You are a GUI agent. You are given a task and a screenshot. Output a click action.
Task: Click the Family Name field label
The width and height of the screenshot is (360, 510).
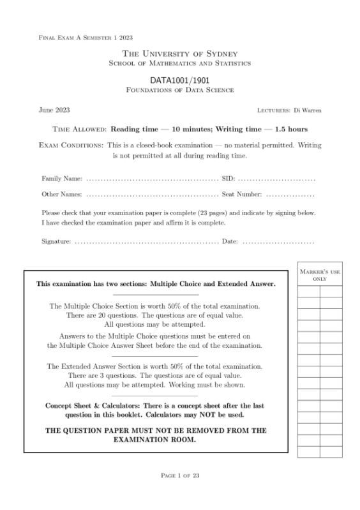coord(62,178)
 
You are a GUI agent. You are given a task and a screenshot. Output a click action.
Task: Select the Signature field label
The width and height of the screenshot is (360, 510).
coord(56,241)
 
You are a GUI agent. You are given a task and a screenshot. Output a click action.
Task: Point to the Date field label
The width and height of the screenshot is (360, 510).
coord(229,241)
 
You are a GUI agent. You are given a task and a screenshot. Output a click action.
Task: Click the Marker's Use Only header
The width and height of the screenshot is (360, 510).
coord(319,276)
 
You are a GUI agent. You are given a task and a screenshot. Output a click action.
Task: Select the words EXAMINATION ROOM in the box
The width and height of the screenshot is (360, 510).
coord(154,440)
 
